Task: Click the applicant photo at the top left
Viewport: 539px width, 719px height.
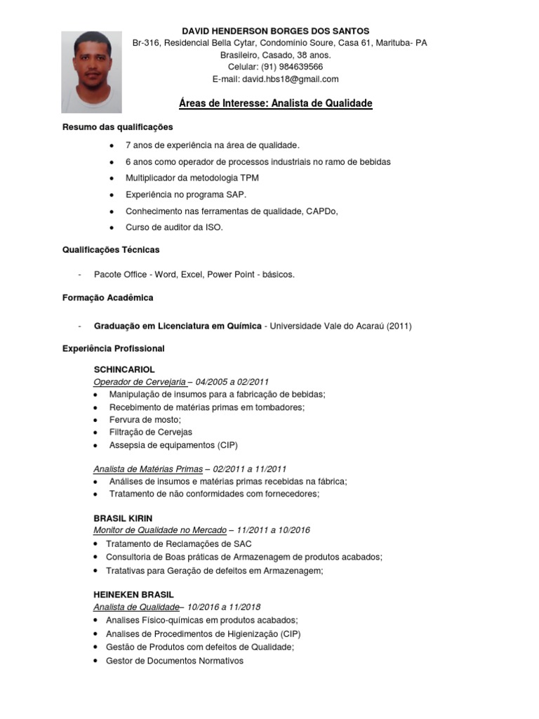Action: (91, 72)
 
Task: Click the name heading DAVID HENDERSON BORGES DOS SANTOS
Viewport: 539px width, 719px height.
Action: (275, 31)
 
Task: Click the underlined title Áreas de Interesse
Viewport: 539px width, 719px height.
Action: (275, 104)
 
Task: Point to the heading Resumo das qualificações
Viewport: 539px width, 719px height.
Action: (117, 127)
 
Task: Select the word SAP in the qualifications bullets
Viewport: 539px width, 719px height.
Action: (237, 194)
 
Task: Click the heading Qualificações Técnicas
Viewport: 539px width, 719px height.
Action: (111, 249)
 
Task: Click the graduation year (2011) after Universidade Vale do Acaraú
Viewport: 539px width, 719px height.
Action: (399, 326)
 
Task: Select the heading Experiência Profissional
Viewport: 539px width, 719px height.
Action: (113, 348)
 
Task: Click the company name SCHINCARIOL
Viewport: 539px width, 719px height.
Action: (124, 369)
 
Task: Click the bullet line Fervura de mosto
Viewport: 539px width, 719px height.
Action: (145, 419)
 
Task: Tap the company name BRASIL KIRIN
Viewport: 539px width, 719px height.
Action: (123, 518)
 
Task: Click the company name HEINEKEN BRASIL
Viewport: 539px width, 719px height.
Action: (133, 595)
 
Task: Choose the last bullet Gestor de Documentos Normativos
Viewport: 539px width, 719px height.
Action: (174, 661)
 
